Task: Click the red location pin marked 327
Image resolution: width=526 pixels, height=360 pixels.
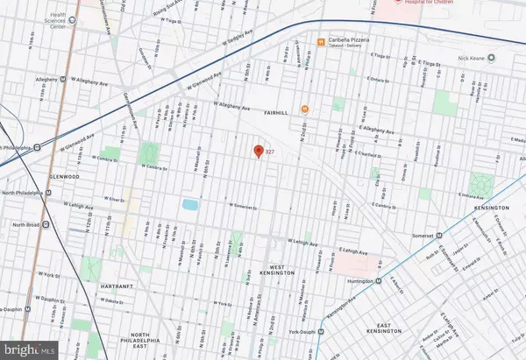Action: [258, 151]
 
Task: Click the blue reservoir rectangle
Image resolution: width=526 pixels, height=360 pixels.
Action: [189, 205]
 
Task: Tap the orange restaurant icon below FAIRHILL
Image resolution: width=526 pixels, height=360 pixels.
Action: [305, 109]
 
